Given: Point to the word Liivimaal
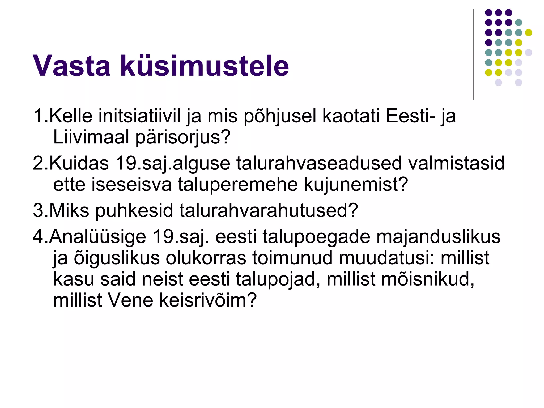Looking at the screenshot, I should point(91,137).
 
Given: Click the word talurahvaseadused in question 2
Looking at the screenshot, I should point(319,163).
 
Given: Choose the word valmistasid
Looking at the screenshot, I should point(456,163).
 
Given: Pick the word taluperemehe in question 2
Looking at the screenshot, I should point(238,184).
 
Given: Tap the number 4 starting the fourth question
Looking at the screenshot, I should point(38,236).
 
